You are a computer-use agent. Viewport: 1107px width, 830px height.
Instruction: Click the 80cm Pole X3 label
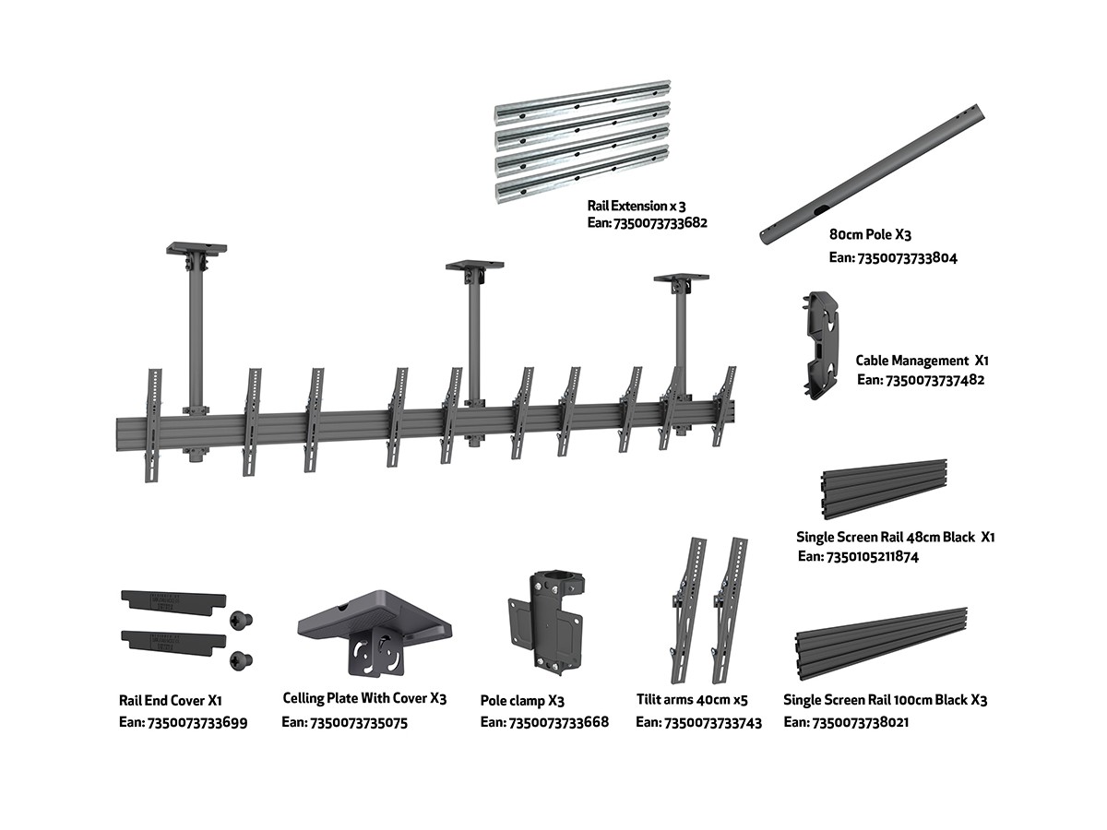click(870, 235)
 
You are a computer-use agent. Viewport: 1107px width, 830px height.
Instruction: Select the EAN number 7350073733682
click(647, 223)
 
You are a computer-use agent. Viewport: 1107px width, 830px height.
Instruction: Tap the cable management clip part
click(823, 345)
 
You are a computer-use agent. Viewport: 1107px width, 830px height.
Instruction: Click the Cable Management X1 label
click(922, 361)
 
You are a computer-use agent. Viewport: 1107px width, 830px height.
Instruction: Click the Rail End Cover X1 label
click(170, 702)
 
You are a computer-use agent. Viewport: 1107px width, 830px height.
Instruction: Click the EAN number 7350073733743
click(698, 723)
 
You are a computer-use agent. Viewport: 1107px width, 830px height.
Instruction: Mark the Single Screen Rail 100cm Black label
click(885, 700)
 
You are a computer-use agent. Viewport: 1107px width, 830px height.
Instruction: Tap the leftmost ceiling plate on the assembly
click(196, 249)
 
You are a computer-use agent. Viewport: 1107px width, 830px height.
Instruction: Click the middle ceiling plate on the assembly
click(474, 267)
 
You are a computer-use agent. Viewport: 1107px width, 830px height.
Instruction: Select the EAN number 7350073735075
click(344, 723)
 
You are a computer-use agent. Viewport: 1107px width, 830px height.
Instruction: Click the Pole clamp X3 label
click(522, 701)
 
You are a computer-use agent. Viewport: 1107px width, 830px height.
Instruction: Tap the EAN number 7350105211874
click(857, 556)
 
